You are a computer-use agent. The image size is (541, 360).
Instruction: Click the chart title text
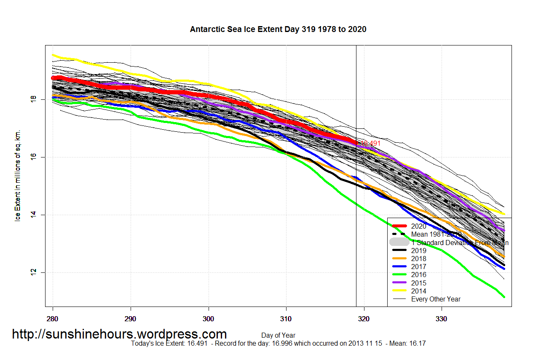pos(278,29)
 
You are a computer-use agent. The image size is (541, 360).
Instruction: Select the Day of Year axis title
pos(278,336)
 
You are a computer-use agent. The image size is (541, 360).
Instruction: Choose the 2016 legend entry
pos(418,275)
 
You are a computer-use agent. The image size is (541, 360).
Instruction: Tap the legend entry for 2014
pos(418,291)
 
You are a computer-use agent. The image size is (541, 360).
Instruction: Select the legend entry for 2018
pos(418,259)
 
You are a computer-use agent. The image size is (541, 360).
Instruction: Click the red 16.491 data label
pos(370,144)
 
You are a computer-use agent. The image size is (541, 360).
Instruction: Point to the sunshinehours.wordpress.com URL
pos(119,334)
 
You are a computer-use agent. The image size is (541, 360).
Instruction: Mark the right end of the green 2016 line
pos(504,296)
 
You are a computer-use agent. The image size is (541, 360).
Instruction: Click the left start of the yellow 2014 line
pos(53,55)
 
